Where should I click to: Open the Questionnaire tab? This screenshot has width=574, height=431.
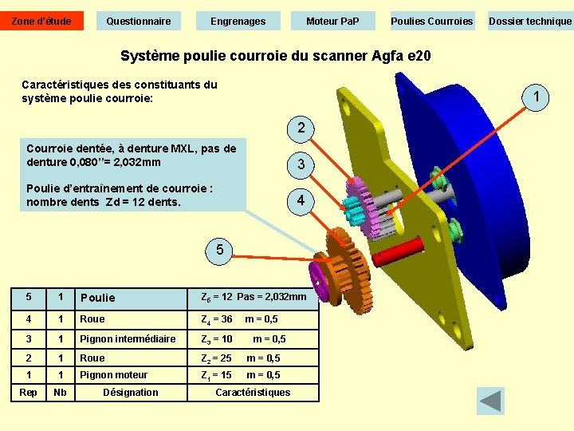point(139,21)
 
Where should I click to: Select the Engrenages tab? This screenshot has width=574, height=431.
point(238,21)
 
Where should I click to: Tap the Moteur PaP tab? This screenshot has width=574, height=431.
point(332,21)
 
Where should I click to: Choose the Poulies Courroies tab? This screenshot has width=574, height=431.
point(431,21)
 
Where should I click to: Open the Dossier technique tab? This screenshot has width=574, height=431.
point(530,21)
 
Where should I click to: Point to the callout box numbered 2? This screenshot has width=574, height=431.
point(301,128)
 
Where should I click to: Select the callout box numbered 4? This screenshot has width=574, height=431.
point(301,200)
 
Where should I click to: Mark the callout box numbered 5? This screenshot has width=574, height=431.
point(219,251)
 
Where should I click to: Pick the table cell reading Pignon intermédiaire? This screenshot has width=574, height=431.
point(128,339)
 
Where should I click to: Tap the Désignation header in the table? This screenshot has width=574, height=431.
point(131,392)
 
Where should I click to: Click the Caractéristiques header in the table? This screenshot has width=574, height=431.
point(253,392)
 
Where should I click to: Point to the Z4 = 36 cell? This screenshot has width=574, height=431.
point(217,319)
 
